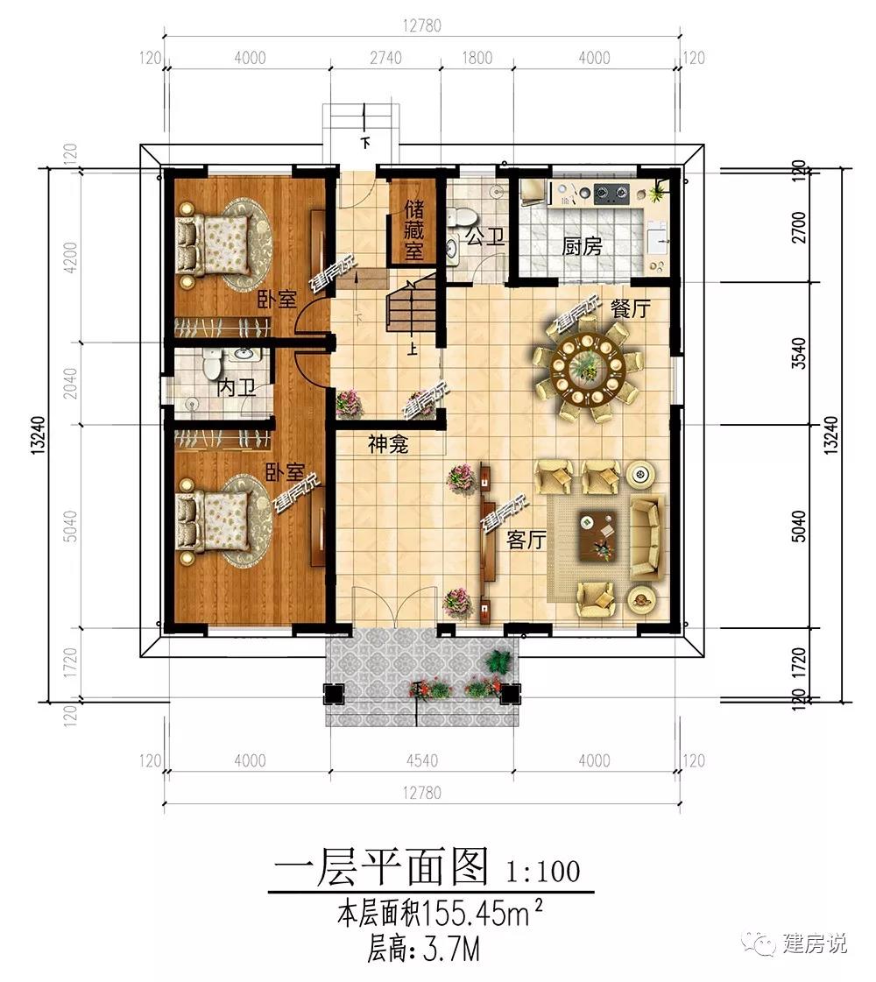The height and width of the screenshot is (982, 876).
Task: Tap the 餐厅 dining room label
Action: (630, 308)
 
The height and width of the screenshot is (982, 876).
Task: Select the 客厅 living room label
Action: (526, 540)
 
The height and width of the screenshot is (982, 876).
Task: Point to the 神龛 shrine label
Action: (389, 445)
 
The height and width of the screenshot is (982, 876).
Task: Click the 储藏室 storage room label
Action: (413, 231)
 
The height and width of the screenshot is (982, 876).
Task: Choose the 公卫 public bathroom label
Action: (484, 237)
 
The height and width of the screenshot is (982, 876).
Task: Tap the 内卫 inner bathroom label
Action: (236, 386)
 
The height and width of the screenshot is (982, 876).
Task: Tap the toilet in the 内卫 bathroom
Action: (210, 361)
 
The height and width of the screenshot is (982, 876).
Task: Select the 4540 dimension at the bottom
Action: (421, 761)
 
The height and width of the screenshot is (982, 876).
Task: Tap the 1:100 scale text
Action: (542, 872)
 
